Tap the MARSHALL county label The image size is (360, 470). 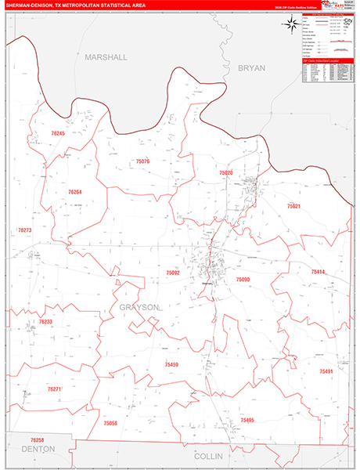tap(106, 57)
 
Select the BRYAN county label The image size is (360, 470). tap(252, 68)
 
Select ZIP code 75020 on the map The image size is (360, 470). tap(226, 172)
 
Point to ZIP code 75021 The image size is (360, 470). tap(293, 206)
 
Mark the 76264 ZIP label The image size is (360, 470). tap(74, 192)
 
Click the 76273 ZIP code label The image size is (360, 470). tap(24, 230)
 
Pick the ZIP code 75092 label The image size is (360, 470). tap(173, 273)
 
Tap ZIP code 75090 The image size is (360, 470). tap(243, 280)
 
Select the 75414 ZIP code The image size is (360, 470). tap(318, 272)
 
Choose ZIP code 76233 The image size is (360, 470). tap(45, 322)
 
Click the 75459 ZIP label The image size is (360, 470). tap(171, 364)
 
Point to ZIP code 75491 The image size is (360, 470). tap(326, 371)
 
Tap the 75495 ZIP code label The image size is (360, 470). tap(248, 420)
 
